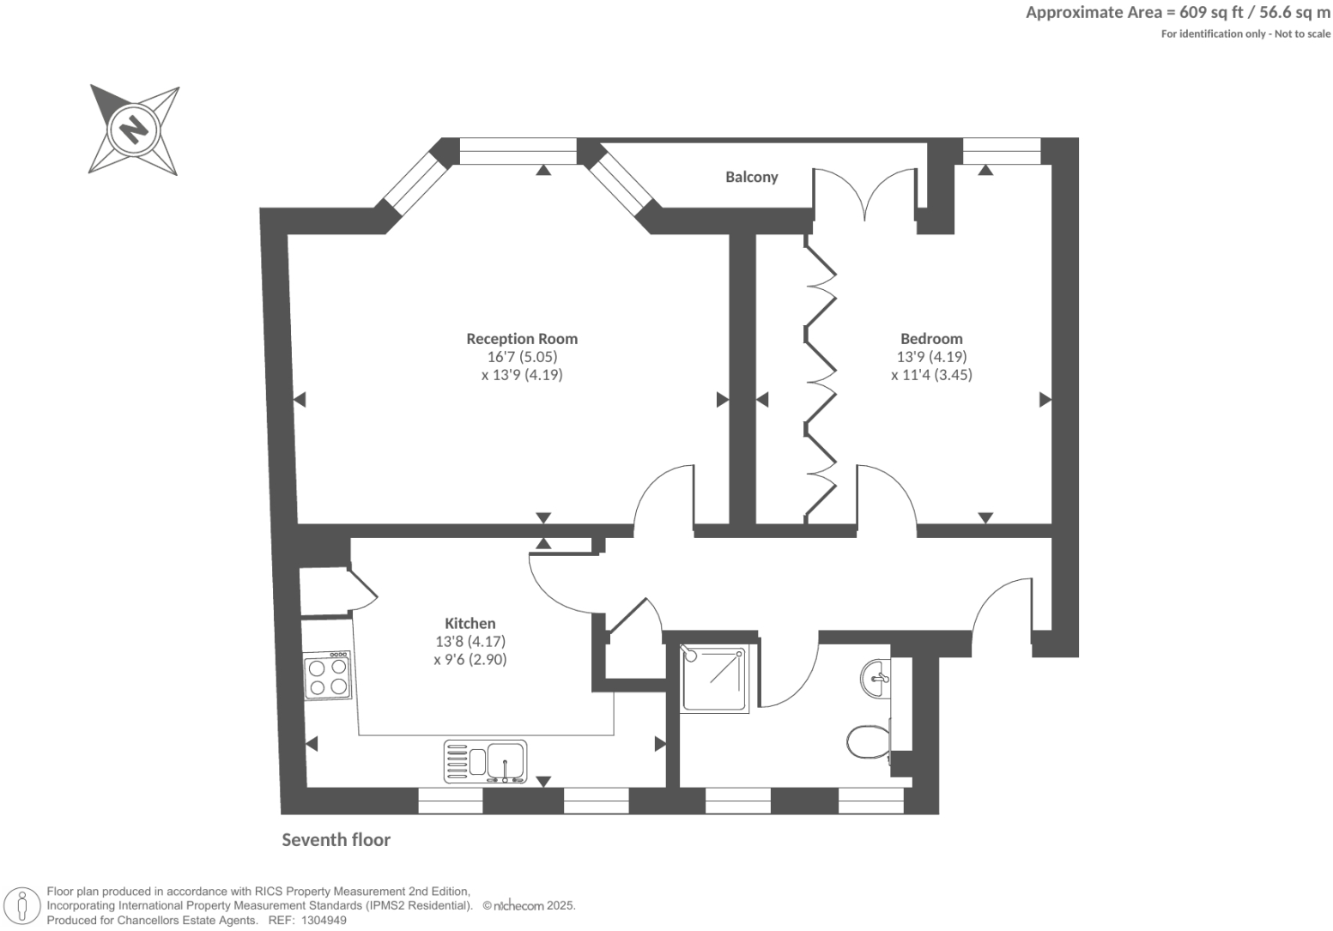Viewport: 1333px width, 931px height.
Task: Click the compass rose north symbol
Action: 134,130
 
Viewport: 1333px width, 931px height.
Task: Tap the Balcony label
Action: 751,177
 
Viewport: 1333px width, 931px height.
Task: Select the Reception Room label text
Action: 522,338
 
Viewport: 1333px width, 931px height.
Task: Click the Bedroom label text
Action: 931,338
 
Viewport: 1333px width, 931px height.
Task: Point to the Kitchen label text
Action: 470,623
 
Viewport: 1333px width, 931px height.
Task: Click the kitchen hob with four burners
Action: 328,675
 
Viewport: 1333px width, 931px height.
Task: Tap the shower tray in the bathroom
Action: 714,678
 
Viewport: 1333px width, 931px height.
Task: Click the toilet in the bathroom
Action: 868,742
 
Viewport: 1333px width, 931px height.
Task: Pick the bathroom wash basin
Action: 876,678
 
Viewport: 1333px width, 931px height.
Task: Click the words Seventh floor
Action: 336,840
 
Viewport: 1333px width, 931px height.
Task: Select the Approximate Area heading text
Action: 1178,12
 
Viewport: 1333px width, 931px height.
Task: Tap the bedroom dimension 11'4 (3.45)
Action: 931,375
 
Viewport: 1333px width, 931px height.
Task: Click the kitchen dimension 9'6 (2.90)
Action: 470,660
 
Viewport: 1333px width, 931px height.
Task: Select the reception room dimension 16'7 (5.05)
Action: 522,357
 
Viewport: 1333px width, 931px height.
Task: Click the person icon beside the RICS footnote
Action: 23,906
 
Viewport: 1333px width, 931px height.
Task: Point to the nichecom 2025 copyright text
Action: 529,906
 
